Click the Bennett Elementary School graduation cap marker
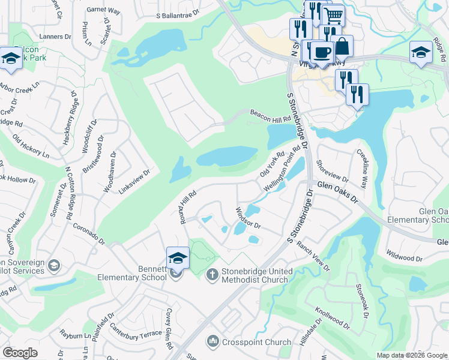[178, 258]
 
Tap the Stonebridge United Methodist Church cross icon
[211, 275]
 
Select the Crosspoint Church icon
[212, 342]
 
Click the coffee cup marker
[322, 52]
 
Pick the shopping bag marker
[342, 46]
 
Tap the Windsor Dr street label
[247, 218]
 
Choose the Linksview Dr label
[134, 180]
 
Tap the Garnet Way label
[103, 10]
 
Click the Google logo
[20, 353]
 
